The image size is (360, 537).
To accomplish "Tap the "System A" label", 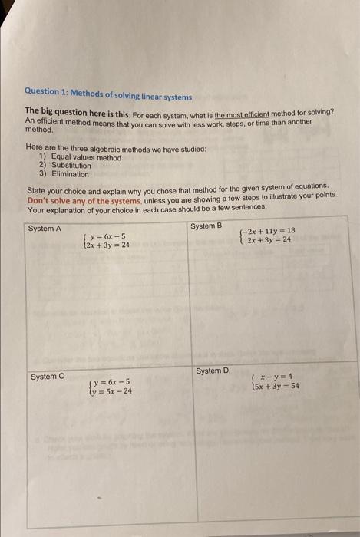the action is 44,229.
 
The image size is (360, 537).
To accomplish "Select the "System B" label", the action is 206,226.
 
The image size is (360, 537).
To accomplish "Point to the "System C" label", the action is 48,377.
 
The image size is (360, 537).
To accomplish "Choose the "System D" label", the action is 212,371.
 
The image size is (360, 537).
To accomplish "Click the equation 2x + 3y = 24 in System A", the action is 107,245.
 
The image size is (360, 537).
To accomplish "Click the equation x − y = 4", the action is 276,377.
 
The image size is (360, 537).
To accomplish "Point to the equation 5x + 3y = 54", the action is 277,387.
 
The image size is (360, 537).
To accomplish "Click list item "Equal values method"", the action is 85,157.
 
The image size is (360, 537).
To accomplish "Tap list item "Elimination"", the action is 69,174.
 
